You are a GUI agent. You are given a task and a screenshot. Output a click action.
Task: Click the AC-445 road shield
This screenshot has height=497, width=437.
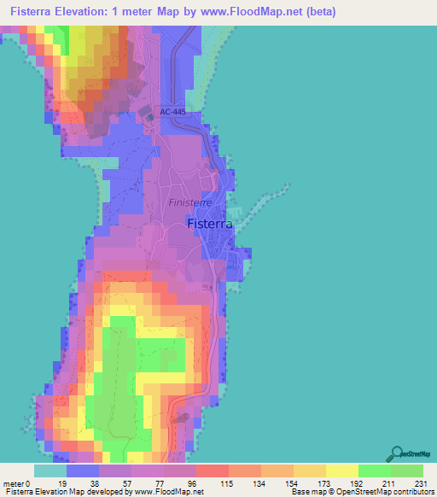pyautogui.click(x=172, y=112)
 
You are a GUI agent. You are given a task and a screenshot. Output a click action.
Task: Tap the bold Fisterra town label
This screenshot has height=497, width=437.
pyautogui.click(x=207, y=225)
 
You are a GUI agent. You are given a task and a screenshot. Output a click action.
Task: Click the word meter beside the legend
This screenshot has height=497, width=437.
pyautogui.click(x=15, y=483)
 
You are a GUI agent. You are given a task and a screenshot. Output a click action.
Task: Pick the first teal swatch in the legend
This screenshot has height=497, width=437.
pyautogui.click(x=50, y=471)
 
